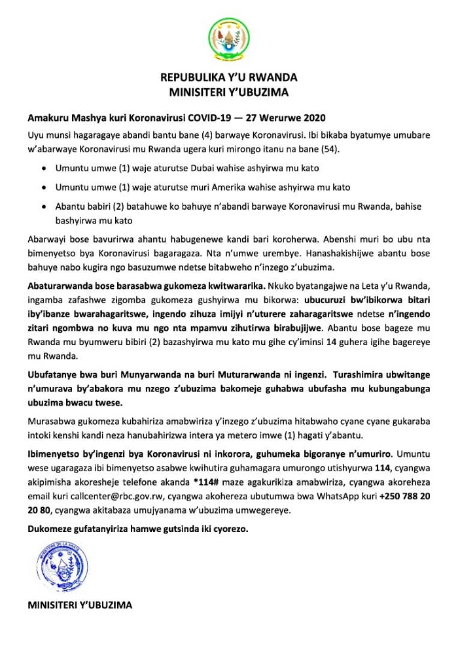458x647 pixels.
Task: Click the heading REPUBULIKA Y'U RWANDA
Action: click(x=228, y=78)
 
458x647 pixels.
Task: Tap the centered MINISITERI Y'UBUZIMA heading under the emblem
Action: click(x=228, y=92)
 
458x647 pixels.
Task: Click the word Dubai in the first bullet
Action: click(x=170, y=168)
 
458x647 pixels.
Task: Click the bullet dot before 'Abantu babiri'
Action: click(x=43, y=207)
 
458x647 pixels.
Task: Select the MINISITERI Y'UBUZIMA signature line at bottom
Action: click(x=80, y=605)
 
